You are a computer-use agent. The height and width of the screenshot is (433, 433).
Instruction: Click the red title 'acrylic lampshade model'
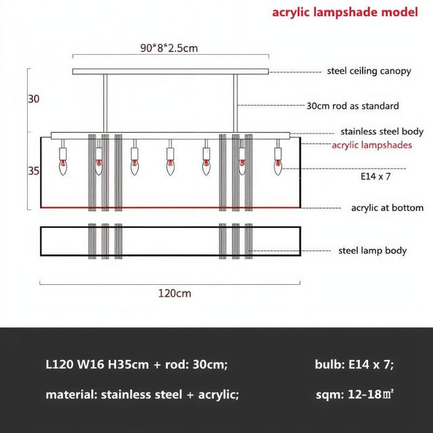pos(345,12)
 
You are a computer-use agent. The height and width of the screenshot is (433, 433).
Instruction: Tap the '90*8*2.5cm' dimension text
pos(168,48)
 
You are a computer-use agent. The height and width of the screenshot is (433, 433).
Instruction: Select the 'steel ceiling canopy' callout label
pos(369,71)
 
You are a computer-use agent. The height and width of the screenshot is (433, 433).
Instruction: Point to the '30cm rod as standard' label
pos(352,106)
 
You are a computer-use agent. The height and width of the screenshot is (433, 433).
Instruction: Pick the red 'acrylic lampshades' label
pos(371,145)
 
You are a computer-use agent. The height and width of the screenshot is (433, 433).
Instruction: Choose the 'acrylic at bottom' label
pos(387,208)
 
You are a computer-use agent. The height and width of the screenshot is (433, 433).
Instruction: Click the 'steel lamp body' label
pos(372,250)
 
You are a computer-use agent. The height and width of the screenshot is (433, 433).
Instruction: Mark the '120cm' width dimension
pos(174,293)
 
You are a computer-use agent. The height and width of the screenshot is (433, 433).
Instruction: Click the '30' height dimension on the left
pos(34,99)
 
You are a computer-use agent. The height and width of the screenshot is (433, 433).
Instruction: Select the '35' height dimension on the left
pos(34,171)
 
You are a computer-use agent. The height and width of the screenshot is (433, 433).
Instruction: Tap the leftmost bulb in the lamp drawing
pos(63,164)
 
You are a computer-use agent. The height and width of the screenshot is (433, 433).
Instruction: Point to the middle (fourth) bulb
pos(170,164)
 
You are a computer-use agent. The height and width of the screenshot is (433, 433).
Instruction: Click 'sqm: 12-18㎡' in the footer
pos(355,394)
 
